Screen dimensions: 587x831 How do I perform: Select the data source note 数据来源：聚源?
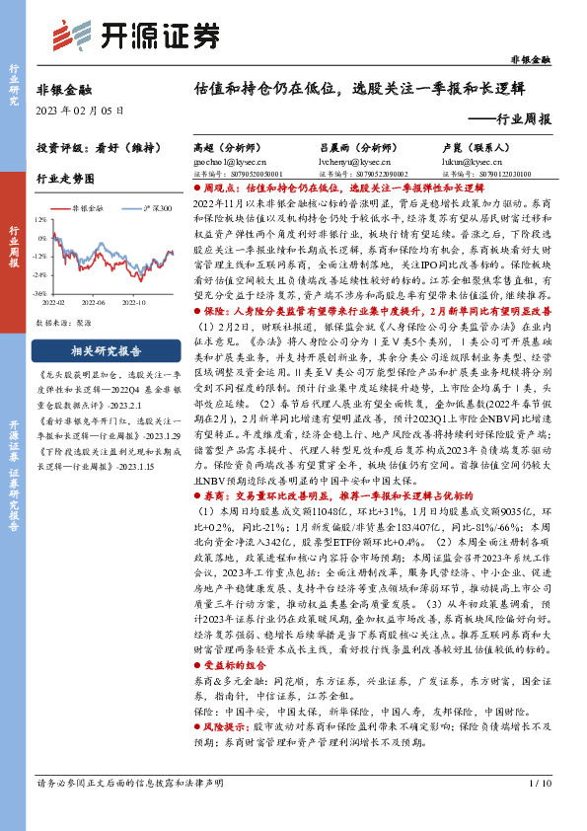[64, 322]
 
